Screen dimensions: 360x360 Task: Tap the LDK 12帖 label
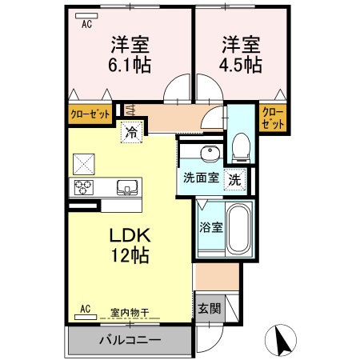tap(126, 246)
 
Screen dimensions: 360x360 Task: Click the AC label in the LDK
tap(86, 308)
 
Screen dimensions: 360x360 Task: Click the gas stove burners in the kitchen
tap(84, 188)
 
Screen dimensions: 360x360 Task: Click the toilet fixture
tap(239, 143)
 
